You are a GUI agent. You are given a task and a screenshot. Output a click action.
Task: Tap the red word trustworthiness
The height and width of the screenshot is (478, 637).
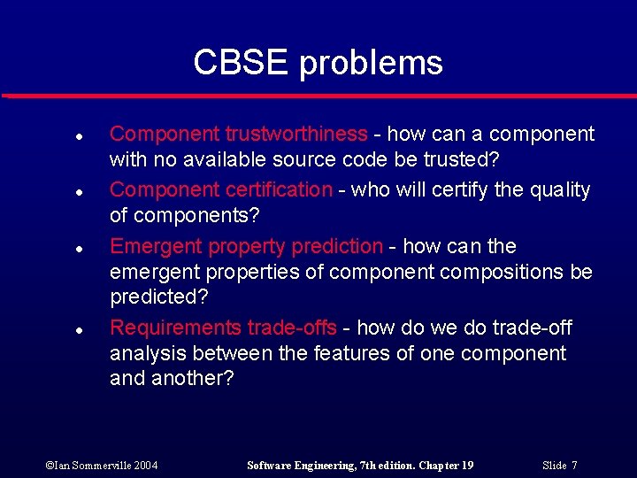pos(296,134)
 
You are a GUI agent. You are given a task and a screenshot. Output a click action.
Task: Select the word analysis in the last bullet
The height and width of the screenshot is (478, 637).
pos(145,353)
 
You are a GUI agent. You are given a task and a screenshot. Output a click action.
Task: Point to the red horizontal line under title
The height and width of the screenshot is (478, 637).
pos(318,96)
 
